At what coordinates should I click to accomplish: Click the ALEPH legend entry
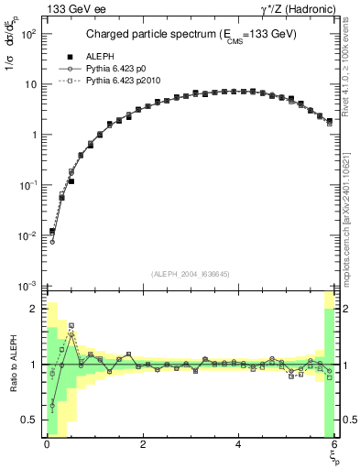click(101, 56)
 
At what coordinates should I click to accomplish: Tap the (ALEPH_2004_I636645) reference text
click(190, 274)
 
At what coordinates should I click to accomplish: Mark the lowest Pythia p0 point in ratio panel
click(52, 405)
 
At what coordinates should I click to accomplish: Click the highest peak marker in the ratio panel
click(71, 325)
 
